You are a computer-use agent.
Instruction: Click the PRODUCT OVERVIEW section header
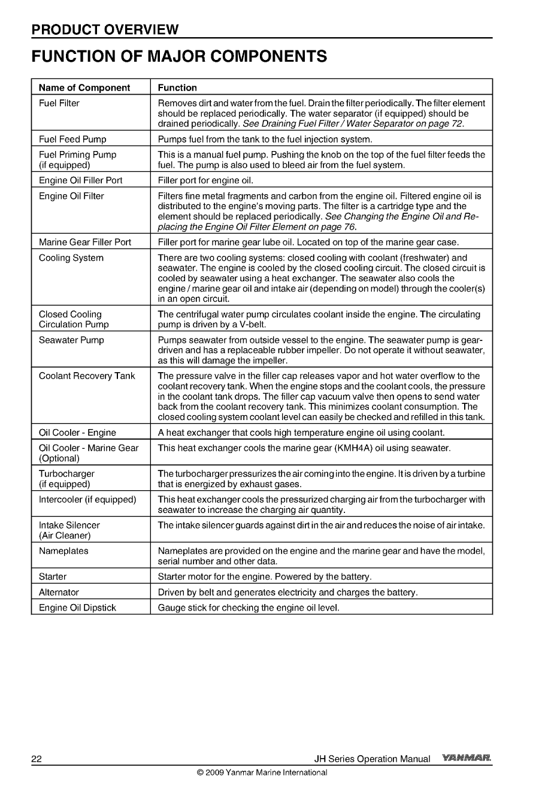coord(105,29)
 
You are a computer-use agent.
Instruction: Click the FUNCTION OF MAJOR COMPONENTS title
coord(179,57)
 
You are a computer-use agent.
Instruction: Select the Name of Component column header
coord(84,87)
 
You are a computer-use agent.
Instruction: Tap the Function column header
coord(177,87)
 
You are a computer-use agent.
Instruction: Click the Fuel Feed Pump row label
coord(72,139)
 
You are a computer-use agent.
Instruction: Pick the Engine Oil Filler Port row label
coord(80,180)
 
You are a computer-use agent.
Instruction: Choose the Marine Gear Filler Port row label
coord(84,242)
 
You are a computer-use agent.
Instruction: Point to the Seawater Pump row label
coord(71,340)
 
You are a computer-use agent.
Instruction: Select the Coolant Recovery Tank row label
coord(87,376)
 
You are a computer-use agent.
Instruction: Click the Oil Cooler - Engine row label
coord(77,432)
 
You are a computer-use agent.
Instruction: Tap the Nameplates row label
coord(63,551)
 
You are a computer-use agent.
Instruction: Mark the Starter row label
coord(53,576)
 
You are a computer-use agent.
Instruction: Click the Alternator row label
coord(59,592)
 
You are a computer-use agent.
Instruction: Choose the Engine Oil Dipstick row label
coord(77,608)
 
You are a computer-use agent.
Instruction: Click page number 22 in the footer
coord(37,759)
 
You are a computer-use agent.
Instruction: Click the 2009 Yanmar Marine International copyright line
coord(262,772)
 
